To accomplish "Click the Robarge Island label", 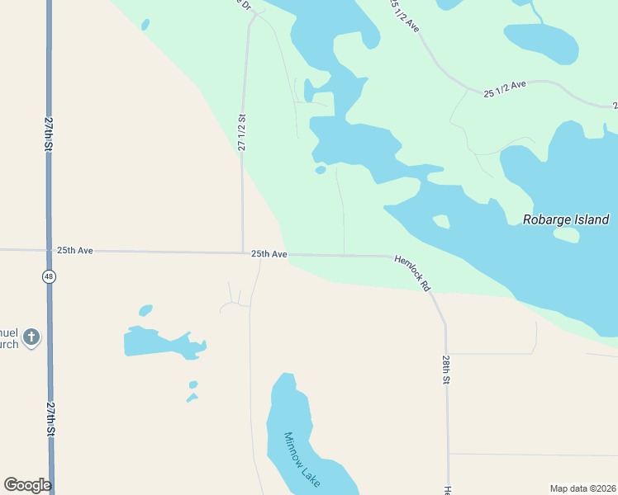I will tap(566, 219).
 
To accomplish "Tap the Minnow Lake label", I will tap(301, 460).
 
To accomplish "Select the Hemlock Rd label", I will tap(413, 272).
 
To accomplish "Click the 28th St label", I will tap(445, 370).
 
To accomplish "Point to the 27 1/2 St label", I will tap(242, 132).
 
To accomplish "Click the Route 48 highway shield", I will tap(50, 277).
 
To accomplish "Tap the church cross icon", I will tap(31, 337).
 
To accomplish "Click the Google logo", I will tap(27, 485).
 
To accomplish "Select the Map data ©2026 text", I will tap(583, 488).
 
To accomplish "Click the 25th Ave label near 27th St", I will tap(74, 250).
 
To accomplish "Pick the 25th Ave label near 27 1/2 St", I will tap(269, 254).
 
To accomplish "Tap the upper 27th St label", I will tap(50, 134).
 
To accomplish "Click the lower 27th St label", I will tap(50, 419).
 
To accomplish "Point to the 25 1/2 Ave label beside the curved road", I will tap(505, 89).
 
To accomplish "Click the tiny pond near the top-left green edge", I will tap(145, 25).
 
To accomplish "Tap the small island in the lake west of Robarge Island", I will tap(441, 221).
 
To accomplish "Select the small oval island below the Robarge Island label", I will tap(566, 235).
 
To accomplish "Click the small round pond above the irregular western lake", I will tap(146, 310).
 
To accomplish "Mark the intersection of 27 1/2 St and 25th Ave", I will tap(242, 252).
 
